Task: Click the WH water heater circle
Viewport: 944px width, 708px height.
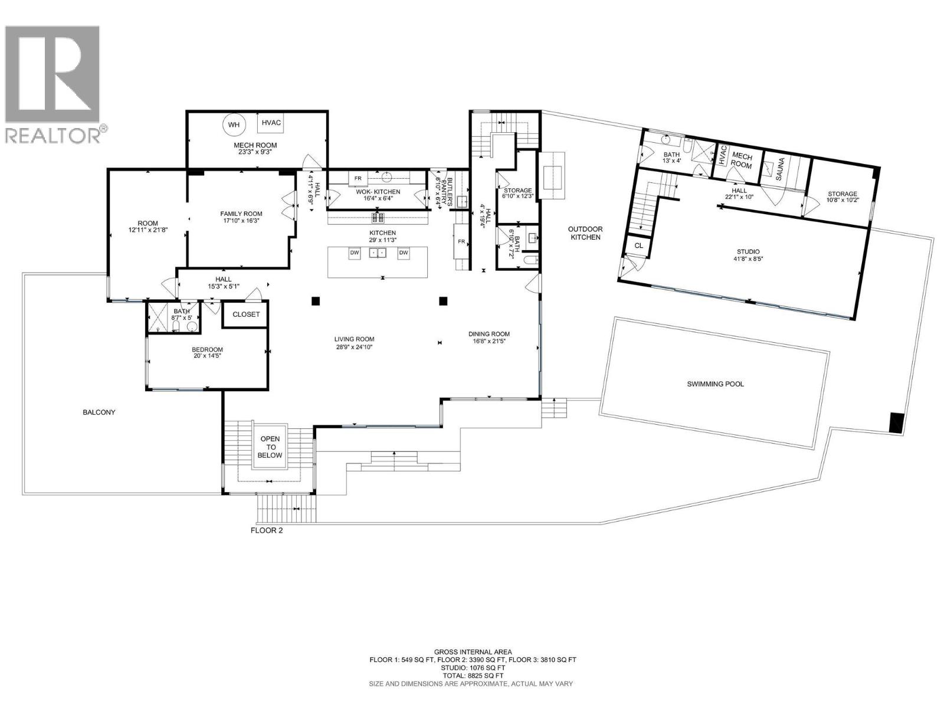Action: click(234, 124)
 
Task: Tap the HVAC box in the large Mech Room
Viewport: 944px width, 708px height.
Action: click(271, 123)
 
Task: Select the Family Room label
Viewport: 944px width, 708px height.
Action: click(241, 214)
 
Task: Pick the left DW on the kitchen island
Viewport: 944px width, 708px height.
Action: click(355, 253)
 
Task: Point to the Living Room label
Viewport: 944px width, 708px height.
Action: click(354, 339)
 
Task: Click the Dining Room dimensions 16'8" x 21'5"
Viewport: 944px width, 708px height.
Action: click(489, 341)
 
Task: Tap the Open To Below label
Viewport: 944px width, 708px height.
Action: click(271, 447)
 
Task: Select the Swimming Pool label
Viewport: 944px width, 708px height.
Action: click(715, 384)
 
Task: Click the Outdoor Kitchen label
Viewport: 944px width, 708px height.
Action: click(584, 233)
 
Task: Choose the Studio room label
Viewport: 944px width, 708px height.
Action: click(748, 251)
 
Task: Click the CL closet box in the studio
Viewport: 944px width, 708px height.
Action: click(639, 245)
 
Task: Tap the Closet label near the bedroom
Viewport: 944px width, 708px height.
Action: click(246, 314)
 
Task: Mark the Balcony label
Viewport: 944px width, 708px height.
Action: click(99, 412)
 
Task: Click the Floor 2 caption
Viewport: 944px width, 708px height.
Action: click(267, 530)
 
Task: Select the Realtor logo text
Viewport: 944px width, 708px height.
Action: click(56, 135)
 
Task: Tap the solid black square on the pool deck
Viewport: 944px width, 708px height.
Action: click(897, 423)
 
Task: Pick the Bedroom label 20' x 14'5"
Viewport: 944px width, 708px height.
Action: click(208, 353)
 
